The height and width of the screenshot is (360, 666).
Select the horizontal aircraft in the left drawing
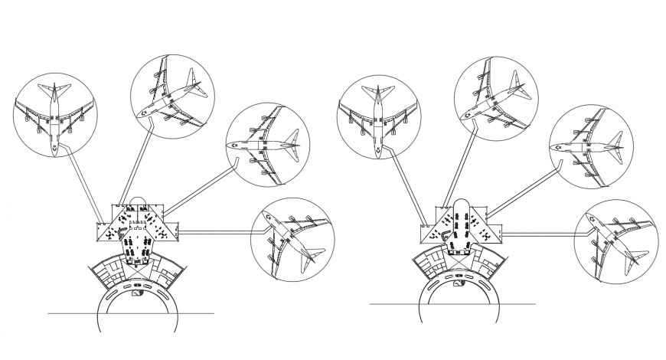point(264,144)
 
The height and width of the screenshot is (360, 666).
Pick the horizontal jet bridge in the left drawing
point(218,231)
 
